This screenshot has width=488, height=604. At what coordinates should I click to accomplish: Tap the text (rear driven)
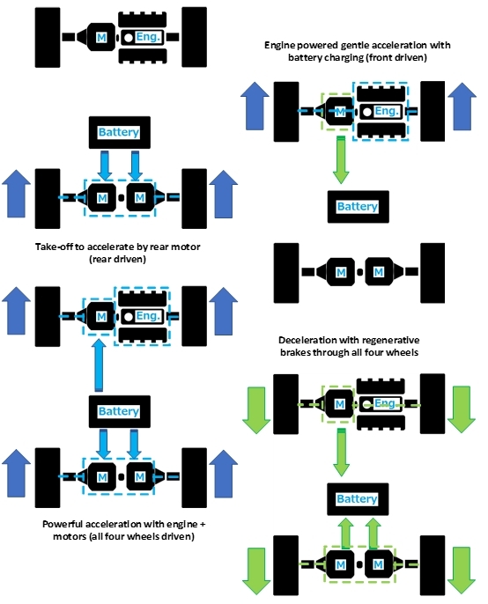click(117, 259)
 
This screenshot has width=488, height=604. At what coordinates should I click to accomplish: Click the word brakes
click(295, 352)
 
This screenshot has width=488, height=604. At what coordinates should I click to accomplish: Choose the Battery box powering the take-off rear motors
click(120, 132)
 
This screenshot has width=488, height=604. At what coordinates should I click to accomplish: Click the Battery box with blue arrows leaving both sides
click(120, 411)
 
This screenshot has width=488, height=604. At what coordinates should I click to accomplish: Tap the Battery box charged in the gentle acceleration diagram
click(359, 206)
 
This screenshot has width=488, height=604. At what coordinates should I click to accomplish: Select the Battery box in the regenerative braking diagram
click(358, 499)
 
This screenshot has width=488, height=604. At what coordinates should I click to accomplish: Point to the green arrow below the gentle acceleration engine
click(341, 159)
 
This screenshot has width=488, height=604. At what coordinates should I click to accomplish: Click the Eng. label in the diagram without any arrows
click(148, 37)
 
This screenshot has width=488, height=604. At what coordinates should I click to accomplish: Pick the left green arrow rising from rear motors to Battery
click(346, 533)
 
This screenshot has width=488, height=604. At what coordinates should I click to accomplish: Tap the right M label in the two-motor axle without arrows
click(379, 272)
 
